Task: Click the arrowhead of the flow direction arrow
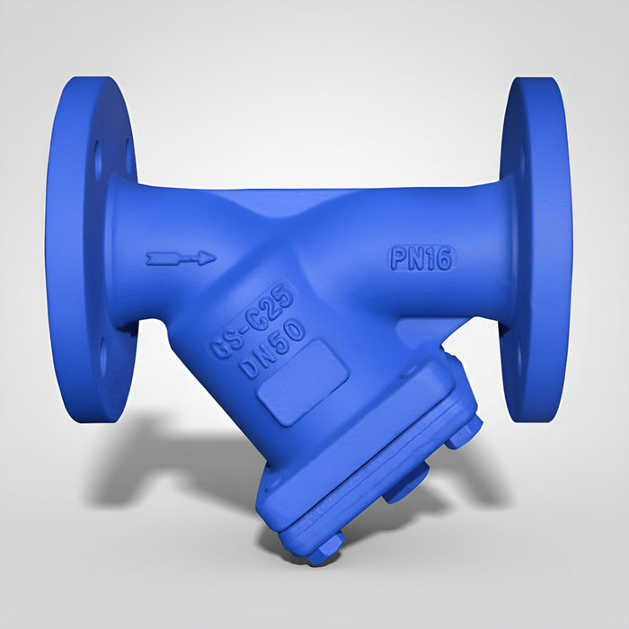point(208,258)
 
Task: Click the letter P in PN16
point(399,258)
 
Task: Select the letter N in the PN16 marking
point(417,259)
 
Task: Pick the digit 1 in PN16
point(430,259)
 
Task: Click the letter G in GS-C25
point(221,349)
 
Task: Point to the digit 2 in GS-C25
point(272,309)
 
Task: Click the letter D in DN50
point(250,368)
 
